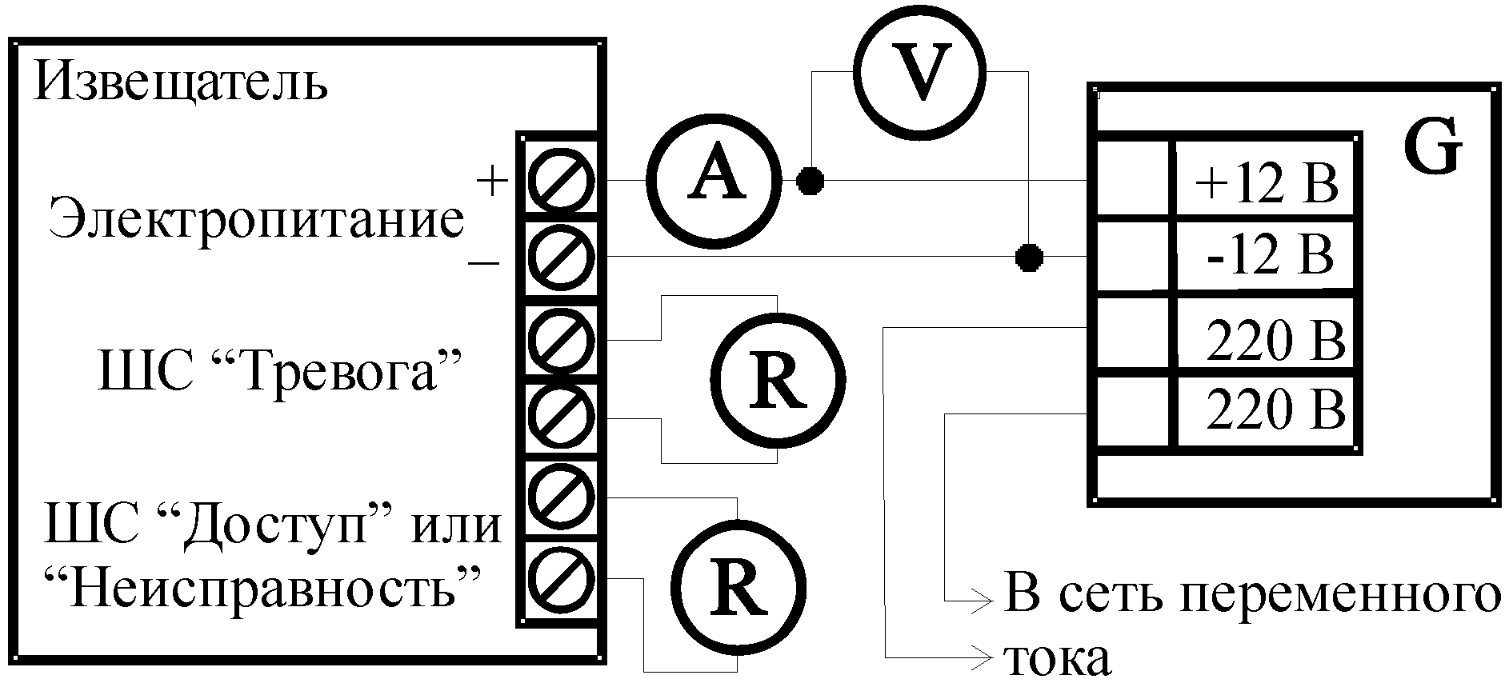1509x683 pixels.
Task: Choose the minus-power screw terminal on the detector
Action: click(x=563, y=257)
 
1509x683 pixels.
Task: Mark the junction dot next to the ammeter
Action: click(x=811, y=181)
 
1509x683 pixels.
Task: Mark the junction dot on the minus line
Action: click(x=1029, y=258)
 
